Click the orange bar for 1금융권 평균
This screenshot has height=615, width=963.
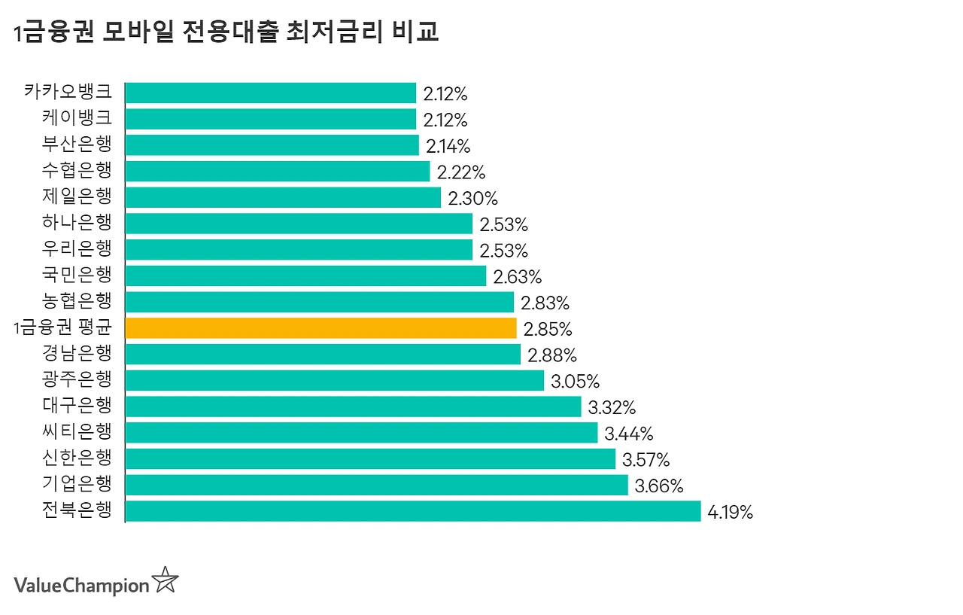click(x=320, y=328)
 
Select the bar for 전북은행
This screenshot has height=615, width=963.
click(x=413, y=511)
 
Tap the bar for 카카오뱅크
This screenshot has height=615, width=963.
click(x=271, y=93)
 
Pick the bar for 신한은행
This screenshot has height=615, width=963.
click(x=370, y=459)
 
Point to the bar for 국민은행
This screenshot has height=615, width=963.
click(x=305, y=276)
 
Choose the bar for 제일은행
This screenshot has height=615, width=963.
click(x=283, y=197)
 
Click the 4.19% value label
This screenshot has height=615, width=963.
click(x=730, y=512)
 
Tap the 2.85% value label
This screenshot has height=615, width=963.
click(x=548, y=330)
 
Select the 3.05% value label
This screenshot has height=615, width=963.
click(x=576, y=382)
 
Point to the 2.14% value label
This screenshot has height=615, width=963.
click(x=448, y=147)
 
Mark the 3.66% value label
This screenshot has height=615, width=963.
click(x=659, y=486)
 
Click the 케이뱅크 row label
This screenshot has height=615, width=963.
click(x=77, y=117)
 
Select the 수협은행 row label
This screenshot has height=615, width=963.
click(x=77, y=170)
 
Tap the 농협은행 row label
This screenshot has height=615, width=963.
click(x=77, y=300)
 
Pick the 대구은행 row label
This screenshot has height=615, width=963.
click(x=77, y=405)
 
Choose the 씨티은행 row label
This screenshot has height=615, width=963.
click(x=77, y=431)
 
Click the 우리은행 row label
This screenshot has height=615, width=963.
click(x=77, y=248)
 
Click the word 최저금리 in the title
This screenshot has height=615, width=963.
click(x=334, y=32)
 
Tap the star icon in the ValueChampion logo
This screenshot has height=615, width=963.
click(x=166, y=580)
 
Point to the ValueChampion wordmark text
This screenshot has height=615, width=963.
click(x=82, y=586)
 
